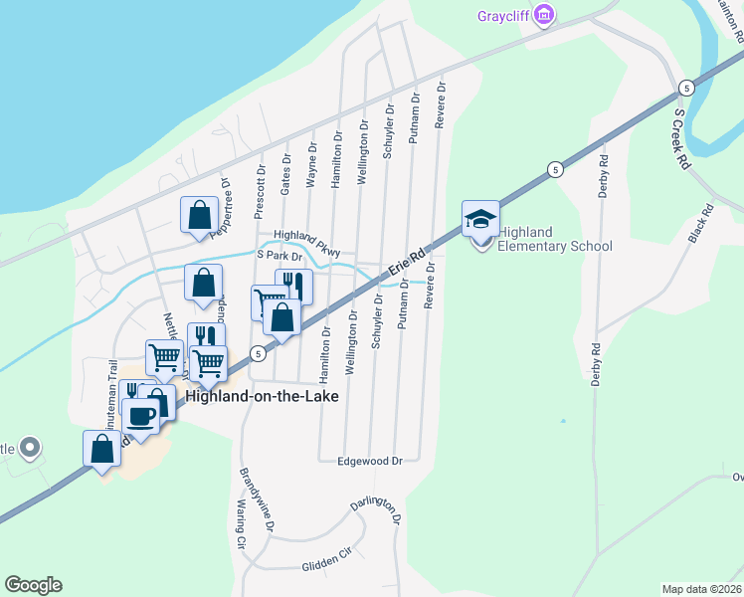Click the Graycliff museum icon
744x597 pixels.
coord(543,15)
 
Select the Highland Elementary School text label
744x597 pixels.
coord(554,240)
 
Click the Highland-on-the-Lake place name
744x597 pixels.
coord(270,396)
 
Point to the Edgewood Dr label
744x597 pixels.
coord(369,462)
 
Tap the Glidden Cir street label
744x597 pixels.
coord(327,566)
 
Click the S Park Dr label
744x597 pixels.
coord(279,256)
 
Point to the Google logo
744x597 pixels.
coord(33,585)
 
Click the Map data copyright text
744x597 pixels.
coord(701,589)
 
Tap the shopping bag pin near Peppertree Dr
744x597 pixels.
coord(199,215)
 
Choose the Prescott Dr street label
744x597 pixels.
coord(261,191)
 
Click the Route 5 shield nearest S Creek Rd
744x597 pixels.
coord(686,89)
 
